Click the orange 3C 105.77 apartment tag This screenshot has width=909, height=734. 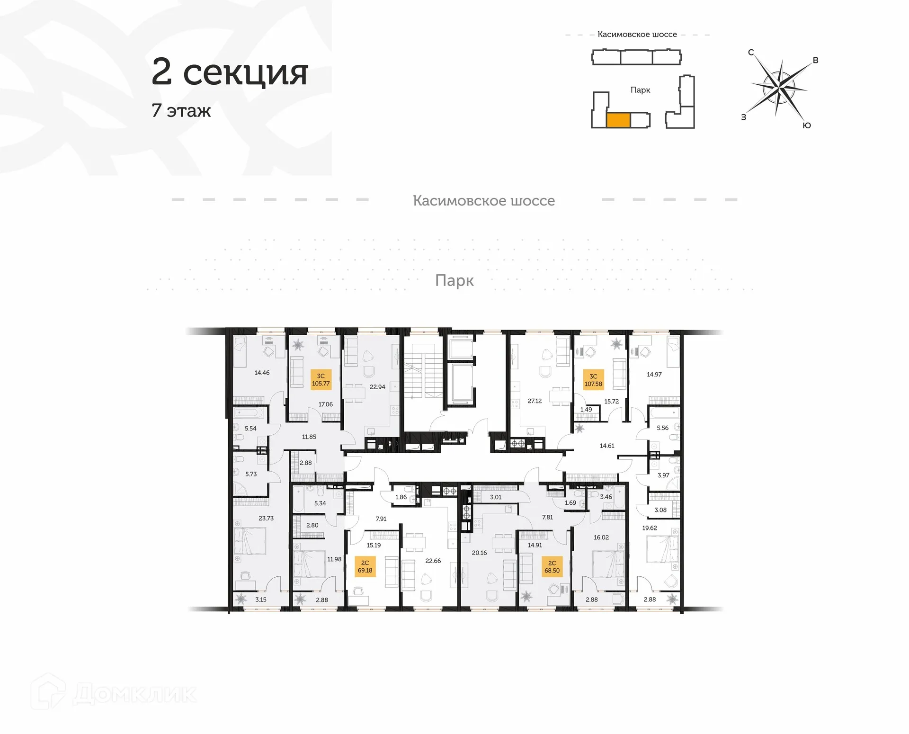click(321, 380)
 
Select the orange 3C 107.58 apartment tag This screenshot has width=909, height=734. click(593, 380)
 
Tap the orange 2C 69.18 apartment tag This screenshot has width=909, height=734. click(365, 567)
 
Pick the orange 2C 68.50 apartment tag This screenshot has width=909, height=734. click(552, 567)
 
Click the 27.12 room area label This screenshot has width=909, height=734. click(535, 401)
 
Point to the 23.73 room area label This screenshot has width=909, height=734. click(266, 518)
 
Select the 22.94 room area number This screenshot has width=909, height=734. click(377, 387)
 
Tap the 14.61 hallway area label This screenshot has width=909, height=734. click(607, 446)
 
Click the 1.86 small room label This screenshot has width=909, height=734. click(401, 497)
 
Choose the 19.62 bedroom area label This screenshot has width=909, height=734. click(650, 528)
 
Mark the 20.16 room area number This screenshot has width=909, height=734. click(479, 553)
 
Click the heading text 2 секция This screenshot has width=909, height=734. click(230, 72)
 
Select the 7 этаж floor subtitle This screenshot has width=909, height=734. click(181, 111)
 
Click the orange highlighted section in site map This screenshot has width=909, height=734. click(618, 120)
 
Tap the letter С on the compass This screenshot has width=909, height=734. click(751, 53)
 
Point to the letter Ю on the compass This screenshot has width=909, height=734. click(807, 125)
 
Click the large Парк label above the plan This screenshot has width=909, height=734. click(454, 280)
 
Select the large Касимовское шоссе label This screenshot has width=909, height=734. click(483, 201)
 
